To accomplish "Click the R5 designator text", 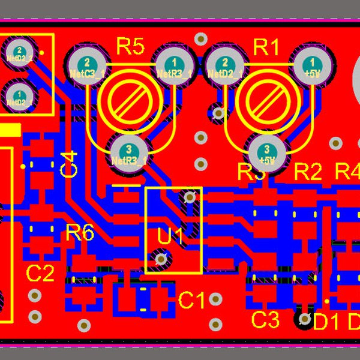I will [130, 46].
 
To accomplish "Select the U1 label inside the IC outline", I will [170, 236].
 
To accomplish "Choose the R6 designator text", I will [80, 233].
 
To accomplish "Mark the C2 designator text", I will [41, 274].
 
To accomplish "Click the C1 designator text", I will [192, 300].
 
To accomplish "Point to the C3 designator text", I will [265, 319].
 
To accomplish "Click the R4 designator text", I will [347, 172].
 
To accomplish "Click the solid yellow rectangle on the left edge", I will [10, 130].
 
